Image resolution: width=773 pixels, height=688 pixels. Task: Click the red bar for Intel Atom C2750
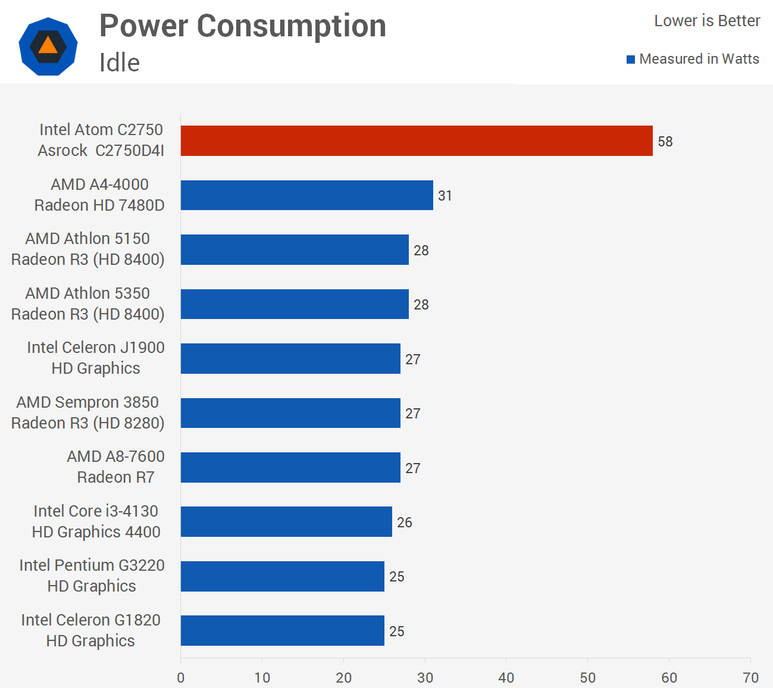(x=417, y=141)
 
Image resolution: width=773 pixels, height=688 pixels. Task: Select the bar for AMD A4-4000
(x=306, y=195)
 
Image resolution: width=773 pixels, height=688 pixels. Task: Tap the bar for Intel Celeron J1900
(x=290, y=359)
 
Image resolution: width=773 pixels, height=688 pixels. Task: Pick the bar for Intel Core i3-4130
(x=286, y=522)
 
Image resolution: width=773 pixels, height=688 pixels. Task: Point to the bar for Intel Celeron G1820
(x=282, y=631)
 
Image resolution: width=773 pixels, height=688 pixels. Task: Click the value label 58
(x=665, y=142)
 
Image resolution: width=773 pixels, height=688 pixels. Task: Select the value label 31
(x=445, y=196)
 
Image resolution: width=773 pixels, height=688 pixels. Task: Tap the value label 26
(x=405, y=523)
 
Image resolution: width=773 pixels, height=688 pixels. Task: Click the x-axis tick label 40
(x=506, y=678)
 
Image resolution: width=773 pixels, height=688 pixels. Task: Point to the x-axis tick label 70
(x=750, y=678)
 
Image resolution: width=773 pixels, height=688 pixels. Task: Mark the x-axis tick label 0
(x=181, y=678)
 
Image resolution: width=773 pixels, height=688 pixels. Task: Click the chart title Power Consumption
(x=243, y=26)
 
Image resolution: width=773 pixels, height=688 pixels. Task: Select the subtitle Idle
(x=120, y=62)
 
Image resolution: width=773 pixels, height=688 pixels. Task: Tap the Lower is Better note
(x=707, y=21)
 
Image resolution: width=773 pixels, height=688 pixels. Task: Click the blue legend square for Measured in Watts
(x=631, y=60)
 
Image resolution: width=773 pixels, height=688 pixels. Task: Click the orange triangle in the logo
(x=48, y=46)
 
